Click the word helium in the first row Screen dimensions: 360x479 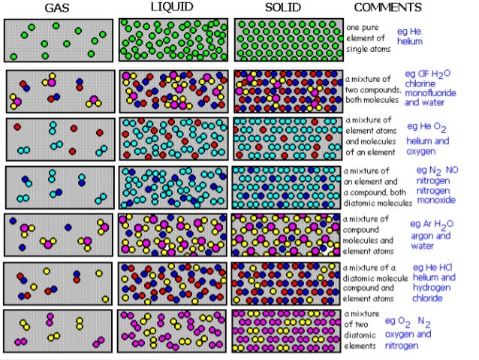(x=410, y=42)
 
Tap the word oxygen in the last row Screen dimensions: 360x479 (x=399, y=334)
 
